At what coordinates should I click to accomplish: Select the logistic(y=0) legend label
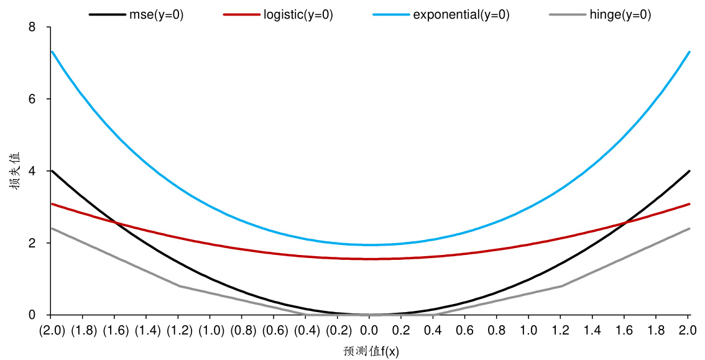tap(297, 16)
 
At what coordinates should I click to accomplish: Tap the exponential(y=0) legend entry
tap(461, 16)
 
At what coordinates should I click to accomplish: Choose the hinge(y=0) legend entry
tap(620, 16)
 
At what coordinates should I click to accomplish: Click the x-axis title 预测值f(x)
tap(371, 351)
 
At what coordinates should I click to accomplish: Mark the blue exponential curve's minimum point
tap(369, 244)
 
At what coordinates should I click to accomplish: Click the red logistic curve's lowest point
tap(369, 259)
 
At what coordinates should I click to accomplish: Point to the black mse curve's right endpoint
tap(689, 171)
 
